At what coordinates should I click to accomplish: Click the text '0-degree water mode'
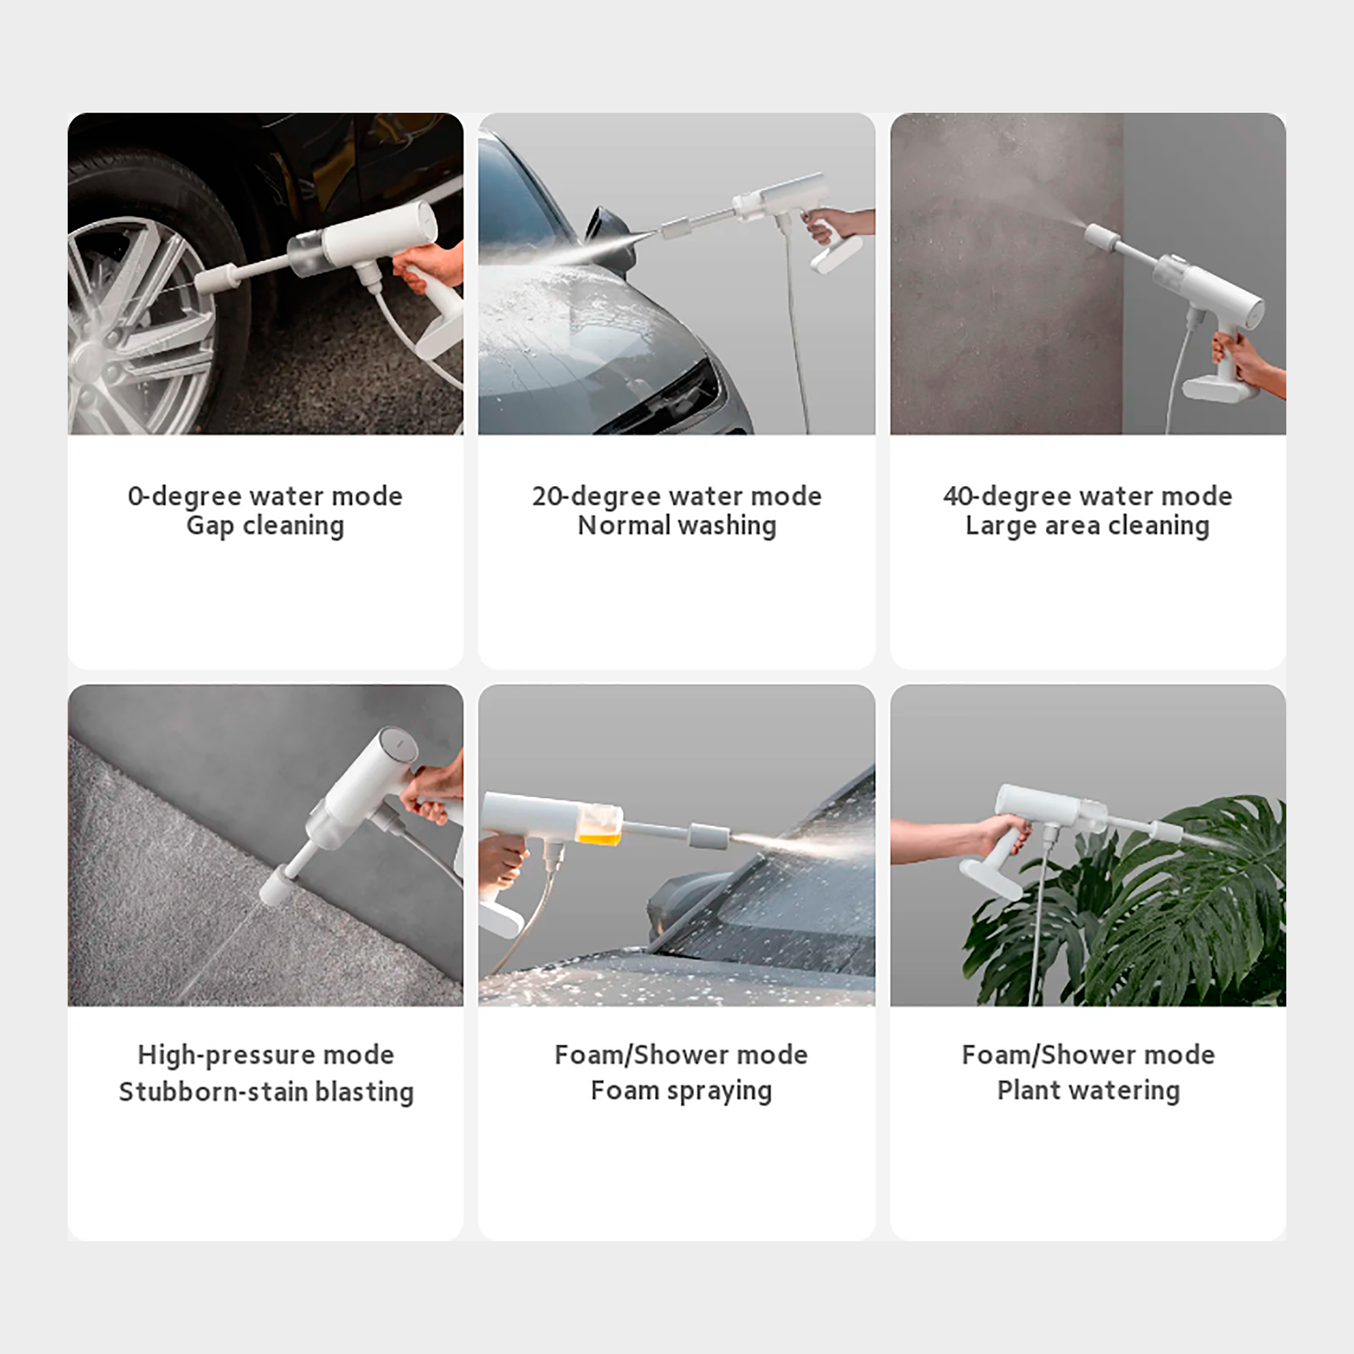tap(265, 496)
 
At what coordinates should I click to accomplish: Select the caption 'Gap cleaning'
tap(265, 525)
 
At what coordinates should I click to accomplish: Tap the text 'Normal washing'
tap(677, 525)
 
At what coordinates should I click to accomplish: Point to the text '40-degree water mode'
tap(1088, 496)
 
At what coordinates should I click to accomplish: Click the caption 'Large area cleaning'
tap(1088, 525)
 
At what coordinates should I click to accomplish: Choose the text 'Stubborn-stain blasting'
tap(266, 1092)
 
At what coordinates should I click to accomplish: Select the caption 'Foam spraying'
tap(681, 1091)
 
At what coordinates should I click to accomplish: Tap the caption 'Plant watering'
tap(1089, 1091)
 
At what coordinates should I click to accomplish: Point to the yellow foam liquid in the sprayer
tap(599, 837)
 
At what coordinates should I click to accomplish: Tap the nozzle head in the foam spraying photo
tap(709, 836)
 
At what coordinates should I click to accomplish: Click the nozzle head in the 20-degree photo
tap(677, 227)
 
